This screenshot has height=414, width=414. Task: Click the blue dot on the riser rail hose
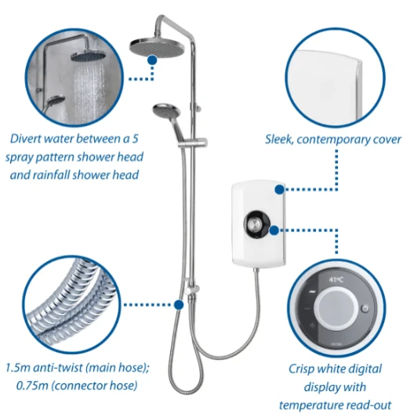[x=180, y=303]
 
